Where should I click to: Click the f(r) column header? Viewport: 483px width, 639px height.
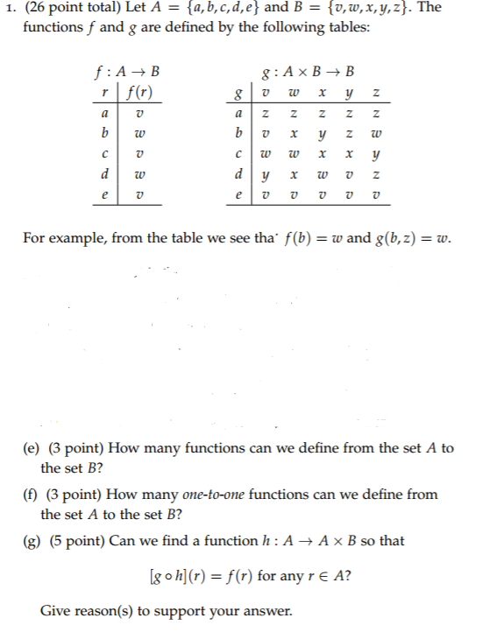[140, 91]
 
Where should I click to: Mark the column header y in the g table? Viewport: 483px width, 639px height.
[349, 92]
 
